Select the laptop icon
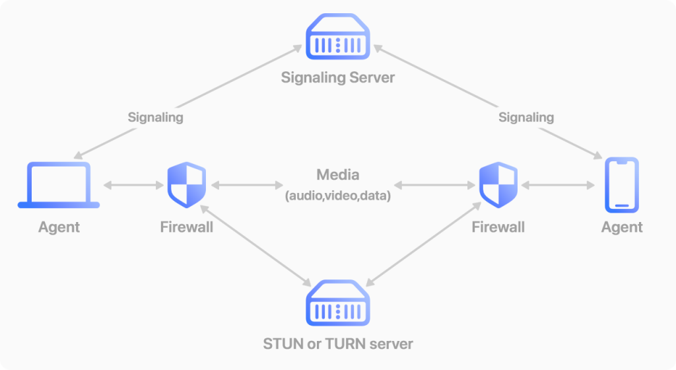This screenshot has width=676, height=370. (x=58, y=186)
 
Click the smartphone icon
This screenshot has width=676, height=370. (x=622, y=186)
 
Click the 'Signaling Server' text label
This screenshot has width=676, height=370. (x=337, y=77)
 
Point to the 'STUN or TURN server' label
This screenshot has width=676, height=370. (x=337, y=344)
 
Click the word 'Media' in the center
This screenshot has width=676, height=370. (x=337, y=175)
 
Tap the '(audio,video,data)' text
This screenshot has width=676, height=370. (x=337, y=196)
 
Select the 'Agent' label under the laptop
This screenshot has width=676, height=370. (x=59, y=227)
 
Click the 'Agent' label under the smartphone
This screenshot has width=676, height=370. (x=622, y=227)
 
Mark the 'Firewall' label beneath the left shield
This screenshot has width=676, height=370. (x=187, y=227)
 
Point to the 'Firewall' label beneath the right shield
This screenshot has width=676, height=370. (x=498, y=227)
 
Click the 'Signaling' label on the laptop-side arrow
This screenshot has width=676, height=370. (x=155, y=118)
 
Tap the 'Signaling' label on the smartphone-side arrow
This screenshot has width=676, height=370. (x=526, y=118)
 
